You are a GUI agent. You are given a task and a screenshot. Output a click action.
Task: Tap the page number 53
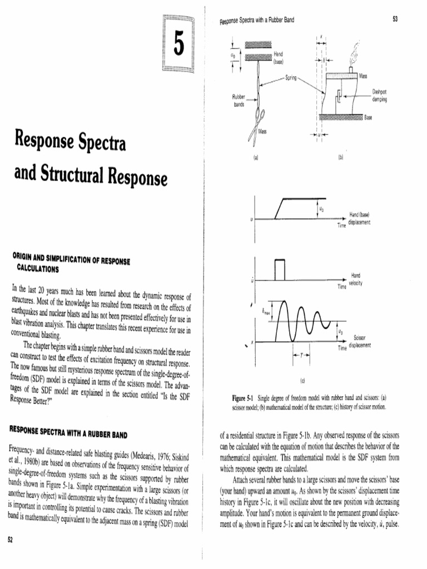pyautogui.click(x=395, y=20)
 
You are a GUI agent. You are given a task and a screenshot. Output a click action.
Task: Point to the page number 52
pyautogui.click(x=9, y=539)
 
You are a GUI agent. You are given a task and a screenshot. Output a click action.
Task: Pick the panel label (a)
pyautogui.click(x=256, y=158)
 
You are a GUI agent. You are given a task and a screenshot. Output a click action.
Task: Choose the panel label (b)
pyautogui.click(x=340, y=158)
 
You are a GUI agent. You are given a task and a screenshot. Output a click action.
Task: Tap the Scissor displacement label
pyautogui.click(x=359, y=341)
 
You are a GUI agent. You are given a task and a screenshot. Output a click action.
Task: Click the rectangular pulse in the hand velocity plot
pyautogui.click(x=279, y=269)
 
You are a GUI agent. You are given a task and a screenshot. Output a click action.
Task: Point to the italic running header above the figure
pyautogui.click(x=257, y=21)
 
